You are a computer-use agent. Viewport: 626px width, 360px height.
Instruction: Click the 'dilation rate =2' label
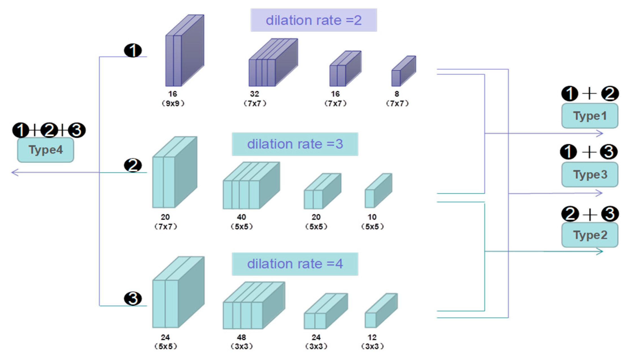[x=313, y=20]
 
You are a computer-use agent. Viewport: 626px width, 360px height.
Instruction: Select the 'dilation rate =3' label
[x=295, y=144]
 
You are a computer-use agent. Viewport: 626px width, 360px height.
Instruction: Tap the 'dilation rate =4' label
[x=295, y=264]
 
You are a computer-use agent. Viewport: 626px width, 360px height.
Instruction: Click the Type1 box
[x=590, y=116]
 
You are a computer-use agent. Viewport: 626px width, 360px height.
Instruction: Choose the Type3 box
[x=590, y=174]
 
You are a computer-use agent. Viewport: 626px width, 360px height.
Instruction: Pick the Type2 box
[x=590, y=235]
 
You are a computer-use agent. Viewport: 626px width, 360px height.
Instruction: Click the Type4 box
[x=45, y=150]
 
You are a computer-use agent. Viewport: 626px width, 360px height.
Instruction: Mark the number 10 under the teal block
[x=372, y=217]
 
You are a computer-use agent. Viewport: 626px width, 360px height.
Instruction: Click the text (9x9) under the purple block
[x=173, y=103]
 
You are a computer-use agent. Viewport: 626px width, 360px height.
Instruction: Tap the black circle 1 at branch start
[x=133, y=51]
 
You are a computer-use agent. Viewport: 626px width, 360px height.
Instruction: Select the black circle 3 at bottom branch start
[x=133, y=298]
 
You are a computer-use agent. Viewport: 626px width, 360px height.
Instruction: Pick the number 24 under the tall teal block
[x=165, y=337]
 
